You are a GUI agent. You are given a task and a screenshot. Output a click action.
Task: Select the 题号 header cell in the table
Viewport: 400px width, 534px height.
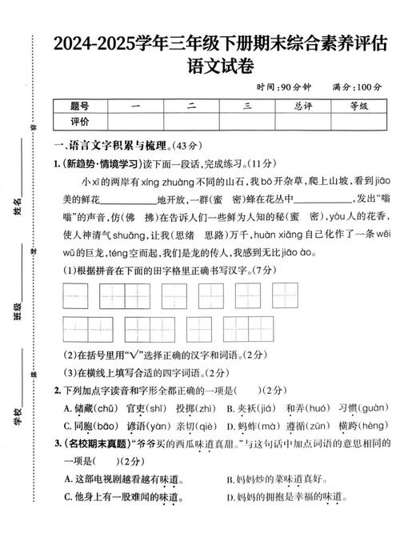(x=79, y=106)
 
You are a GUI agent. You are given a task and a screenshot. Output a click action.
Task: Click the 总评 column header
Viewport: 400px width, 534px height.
(x=302, y=106)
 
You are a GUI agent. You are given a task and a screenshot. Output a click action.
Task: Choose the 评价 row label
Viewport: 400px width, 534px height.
(x=79, y=122)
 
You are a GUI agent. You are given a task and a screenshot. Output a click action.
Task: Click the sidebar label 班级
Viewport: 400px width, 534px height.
(x=18, y=312)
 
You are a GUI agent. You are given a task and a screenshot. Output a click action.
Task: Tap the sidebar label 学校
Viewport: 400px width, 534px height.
(x=18, y=416)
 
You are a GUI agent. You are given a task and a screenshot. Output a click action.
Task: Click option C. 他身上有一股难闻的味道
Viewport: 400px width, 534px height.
(x=122, y=497)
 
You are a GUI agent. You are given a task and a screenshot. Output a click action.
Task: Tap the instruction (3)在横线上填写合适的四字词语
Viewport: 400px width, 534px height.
(x=136, y=372)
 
